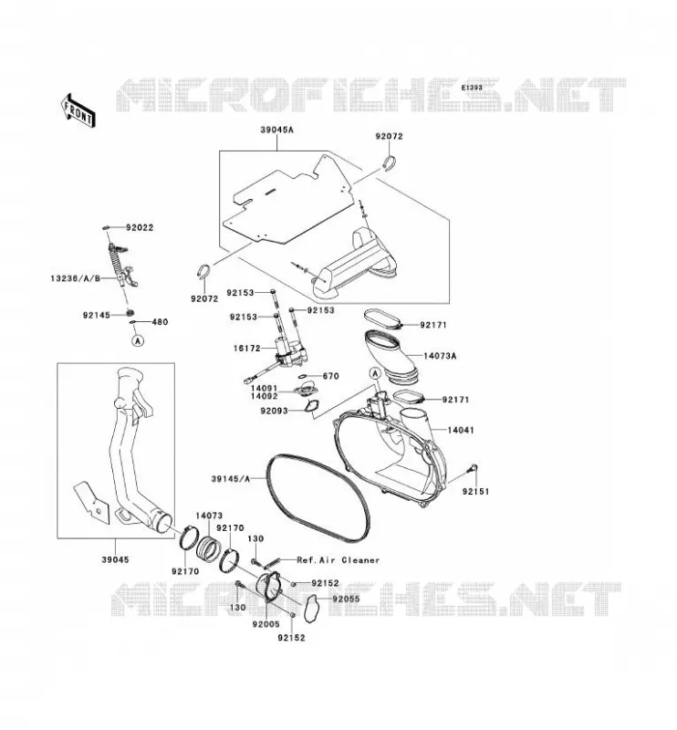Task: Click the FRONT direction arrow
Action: (78, 110)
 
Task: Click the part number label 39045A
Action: (277, 130)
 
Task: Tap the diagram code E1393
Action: (472, 88)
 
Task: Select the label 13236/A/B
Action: (76, 278)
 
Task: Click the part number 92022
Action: (140, 227)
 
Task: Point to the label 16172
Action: (247, 349)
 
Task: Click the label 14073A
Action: (440, 356)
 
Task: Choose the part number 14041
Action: (461, 430)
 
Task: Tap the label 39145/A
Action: (231, 478)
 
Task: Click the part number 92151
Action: (476, 492)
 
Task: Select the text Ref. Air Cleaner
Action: (338, 560)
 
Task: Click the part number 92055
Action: (347, 599)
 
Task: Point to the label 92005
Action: (266, 625)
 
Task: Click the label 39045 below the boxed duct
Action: (116, 559)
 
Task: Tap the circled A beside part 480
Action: (138, 340)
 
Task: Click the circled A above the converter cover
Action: (375, 373)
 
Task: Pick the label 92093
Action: (275, 412)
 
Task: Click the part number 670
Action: (330, 376)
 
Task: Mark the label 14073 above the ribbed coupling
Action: (209, 516)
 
